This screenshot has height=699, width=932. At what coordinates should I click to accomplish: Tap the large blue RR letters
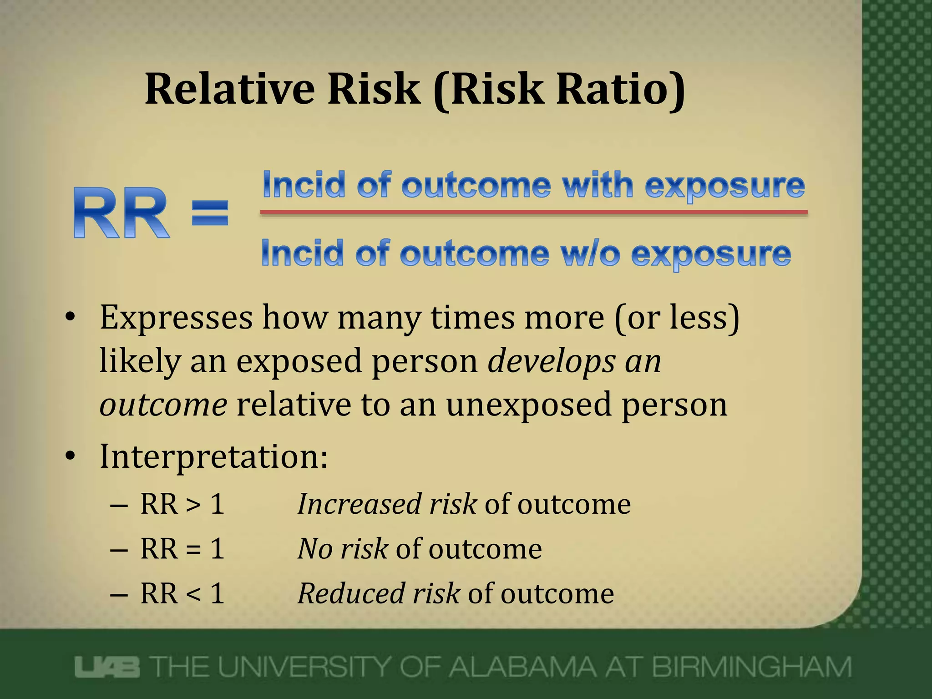121,213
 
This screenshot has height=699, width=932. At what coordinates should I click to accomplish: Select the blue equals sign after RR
210,213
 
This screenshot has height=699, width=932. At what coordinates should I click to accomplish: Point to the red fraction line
533,212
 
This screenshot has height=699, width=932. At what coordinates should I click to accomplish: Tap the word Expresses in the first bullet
176,318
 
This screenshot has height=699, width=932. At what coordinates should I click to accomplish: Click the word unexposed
528,405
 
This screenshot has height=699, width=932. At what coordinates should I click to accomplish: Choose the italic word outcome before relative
163,405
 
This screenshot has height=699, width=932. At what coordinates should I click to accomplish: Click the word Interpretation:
213,456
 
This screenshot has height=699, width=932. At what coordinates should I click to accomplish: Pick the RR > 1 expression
182,504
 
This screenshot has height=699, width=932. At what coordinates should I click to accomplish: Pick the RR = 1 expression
182,549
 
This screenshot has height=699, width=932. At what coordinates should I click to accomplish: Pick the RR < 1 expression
182,593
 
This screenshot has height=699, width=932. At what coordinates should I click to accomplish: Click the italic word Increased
359,504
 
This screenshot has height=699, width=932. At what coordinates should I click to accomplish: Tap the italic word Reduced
351,593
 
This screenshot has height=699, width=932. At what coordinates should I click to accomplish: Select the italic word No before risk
315,549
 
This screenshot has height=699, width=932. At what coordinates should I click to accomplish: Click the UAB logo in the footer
107,668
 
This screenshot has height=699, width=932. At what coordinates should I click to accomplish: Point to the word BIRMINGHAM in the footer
751,668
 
